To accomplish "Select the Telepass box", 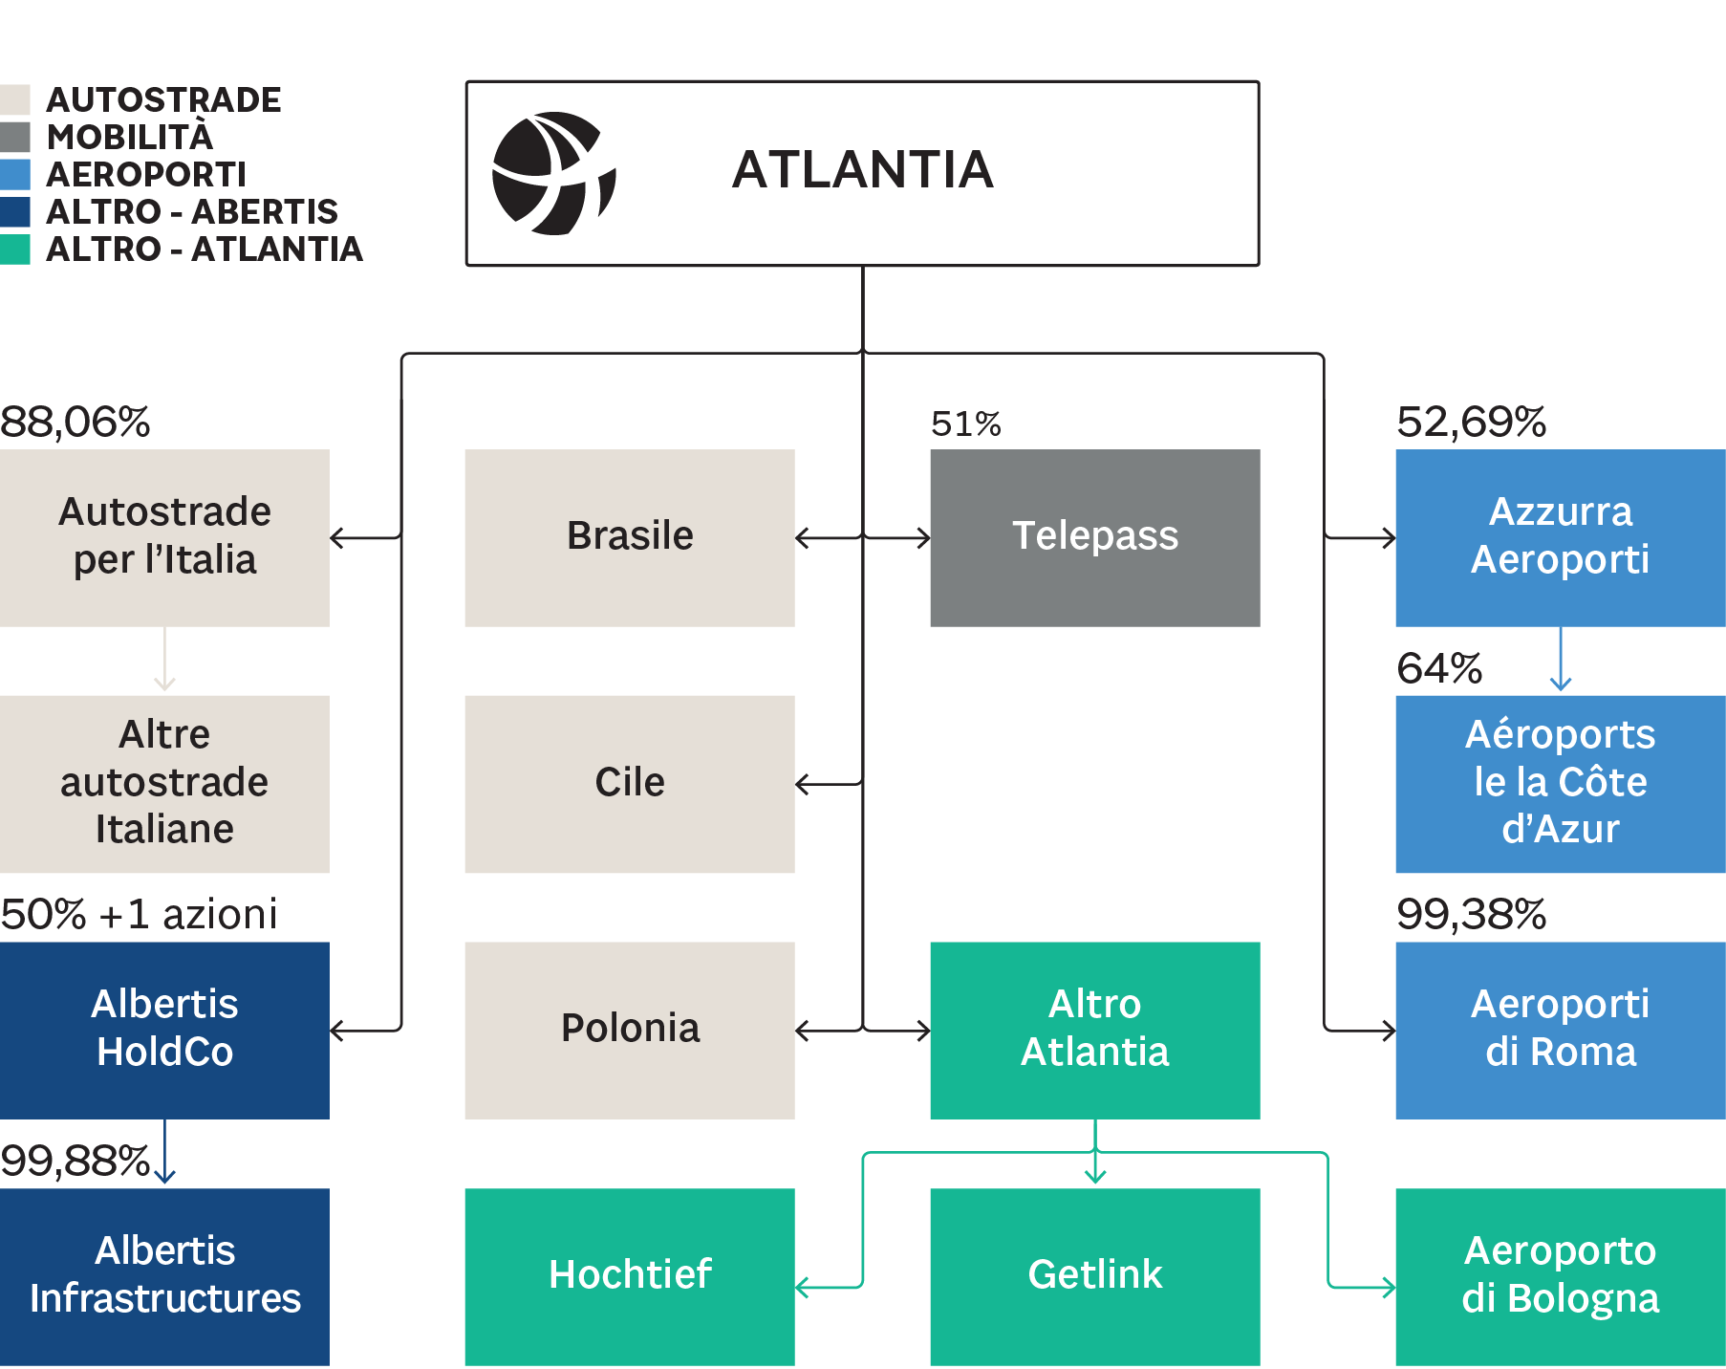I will (x=1094, y=537).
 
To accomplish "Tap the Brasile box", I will (x=629, y=537).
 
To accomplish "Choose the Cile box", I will (x=629, y=783).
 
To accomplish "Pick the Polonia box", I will (x=629, y=1030).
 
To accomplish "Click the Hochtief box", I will (x=629, y=1276).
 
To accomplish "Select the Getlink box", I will (x=1094, y=1276).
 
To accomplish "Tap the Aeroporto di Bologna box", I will (x=1560, y=1276).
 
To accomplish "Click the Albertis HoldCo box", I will (x=164, y=1030).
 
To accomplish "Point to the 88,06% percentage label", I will (x=76, y=422).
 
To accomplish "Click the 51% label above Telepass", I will (x=965, y=424).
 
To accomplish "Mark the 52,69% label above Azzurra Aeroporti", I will (x=1471, y=422).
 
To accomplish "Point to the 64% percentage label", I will (x=1439, y=668).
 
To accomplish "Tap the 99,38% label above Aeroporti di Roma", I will (x=1471, y=914).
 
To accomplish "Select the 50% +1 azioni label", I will (x=139, y=914).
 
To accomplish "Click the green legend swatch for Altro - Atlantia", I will (x=15, y=250).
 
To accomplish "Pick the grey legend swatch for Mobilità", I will (x=15, y=137).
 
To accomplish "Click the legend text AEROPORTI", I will (x=146, y=174).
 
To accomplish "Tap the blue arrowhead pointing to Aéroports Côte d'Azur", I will (x=1561, y=684).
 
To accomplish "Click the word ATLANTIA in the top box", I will (x=862, y=170).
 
